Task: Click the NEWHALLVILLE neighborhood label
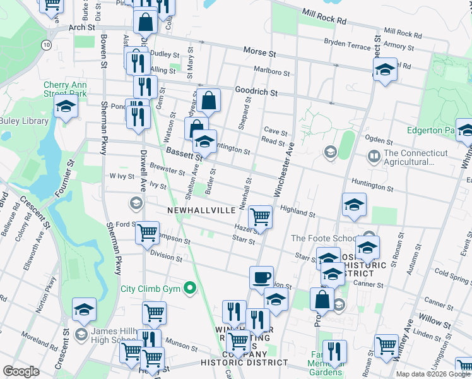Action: [201, 210]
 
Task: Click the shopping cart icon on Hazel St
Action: [260, 217]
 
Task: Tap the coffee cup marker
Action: [261, 277]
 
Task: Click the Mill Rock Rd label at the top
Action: [324, 16]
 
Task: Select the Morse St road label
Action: [259, 50]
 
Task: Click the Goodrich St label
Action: [256, 92]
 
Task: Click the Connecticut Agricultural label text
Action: [415, 157]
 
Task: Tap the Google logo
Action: [21, 371]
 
